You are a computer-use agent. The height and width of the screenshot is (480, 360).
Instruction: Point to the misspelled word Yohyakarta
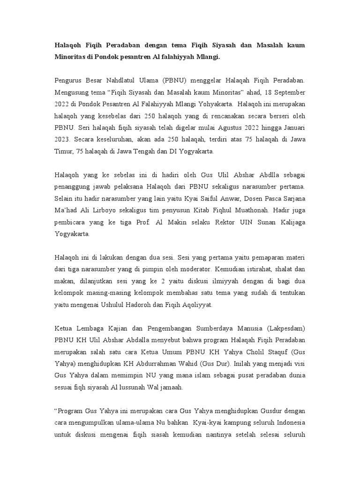[x=214, y=105]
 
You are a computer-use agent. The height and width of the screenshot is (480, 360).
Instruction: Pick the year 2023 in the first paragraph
[x=63, y=140]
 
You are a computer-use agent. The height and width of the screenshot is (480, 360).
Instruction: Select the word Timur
[x=64, y=152]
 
